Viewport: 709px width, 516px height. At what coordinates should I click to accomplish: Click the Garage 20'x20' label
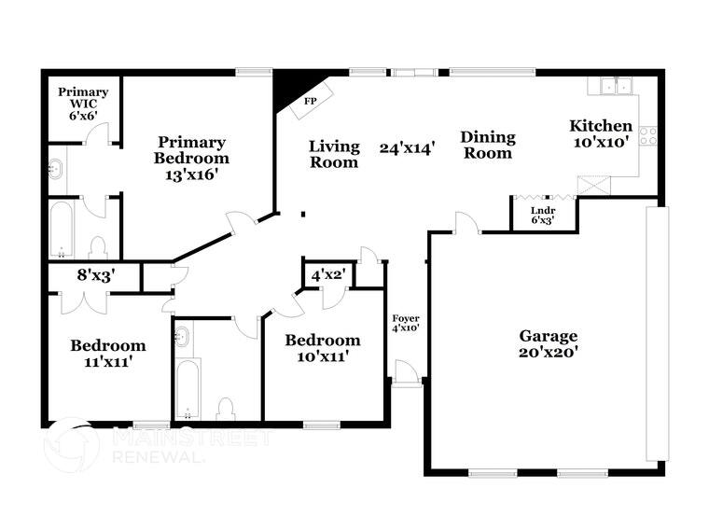pos(549,343)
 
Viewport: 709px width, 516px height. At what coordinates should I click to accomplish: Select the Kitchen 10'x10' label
pos(601,134)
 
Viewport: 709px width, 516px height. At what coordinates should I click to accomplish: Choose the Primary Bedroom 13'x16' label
pos(191,150)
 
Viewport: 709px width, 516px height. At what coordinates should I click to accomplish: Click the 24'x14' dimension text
pos(408,147)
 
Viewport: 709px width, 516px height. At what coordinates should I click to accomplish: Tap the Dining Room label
pos(487,145)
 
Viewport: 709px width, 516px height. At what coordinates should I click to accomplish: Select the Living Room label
pos(334,154)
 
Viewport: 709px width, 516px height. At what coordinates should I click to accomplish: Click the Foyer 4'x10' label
pos(405,323)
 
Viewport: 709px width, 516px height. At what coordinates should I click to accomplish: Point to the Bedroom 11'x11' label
pos(108,353)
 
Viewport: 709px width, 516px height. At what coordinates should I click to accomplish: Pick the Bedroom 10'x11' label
pos(323,347)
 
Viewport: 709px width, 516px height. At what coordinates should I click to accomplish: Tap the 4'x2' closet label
pos(327,275)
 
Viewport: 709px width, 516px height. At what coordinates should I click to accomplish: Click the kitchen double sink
pos(613,86)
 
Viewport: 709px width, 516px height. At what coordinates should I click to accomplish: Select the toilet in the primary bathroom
pos(98,246)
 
